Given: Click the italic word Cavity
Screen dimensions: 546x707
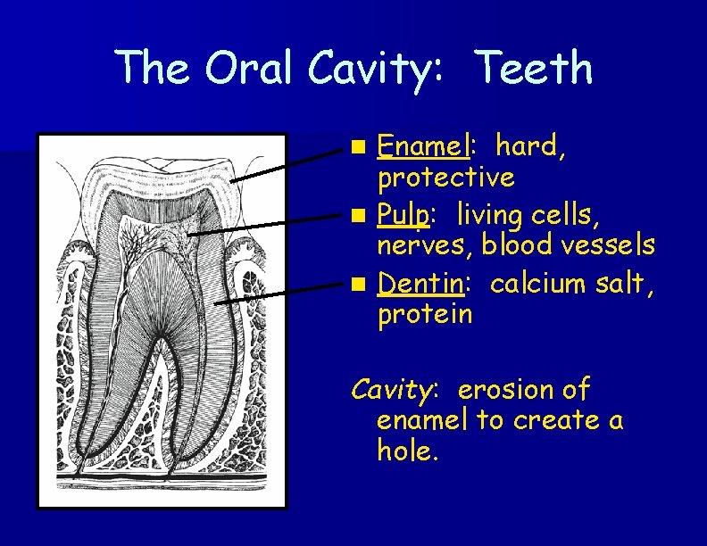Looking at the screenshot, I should (392, 391).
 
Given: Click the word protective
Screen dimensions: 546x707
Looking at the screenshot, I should (445, 178).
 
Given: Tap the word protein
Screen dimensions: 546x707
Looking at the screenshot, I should (425, 314).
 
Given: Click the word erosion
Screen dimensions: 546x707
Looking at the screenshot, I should (505, 390).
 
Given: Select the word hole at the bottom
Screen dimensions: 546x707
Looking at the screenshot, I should (407, 451).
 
